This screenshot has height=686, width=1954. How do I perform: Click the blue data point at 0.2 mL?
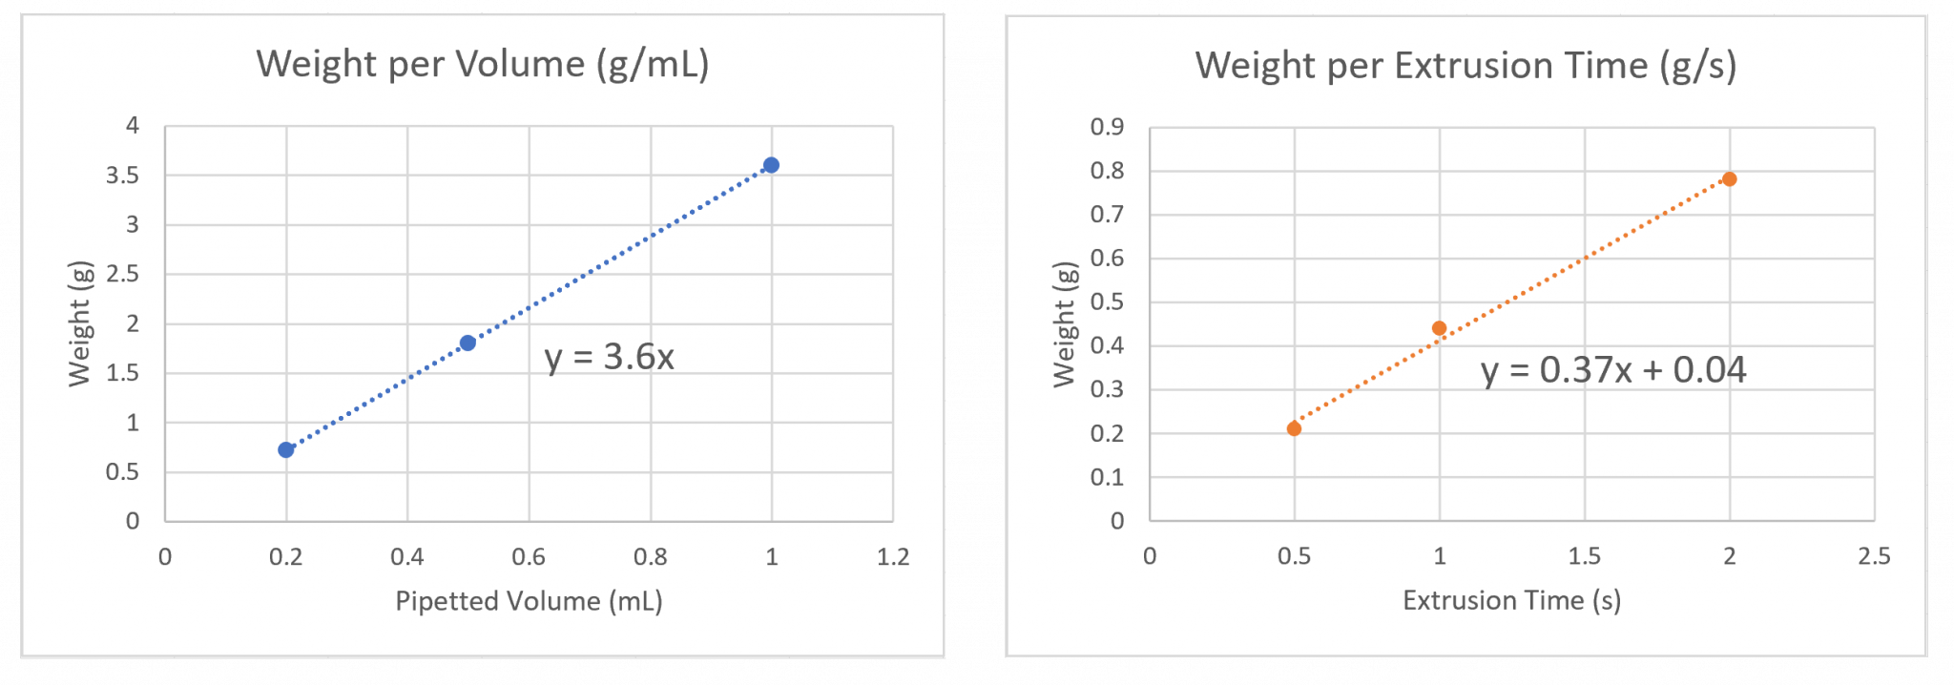click(x=286, y=449)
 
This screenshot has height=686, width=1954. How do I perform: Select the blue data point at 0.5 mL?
click(x=468, y=343)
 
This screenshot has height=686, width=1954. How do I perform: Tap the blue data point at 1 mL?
click(x=771, y=165)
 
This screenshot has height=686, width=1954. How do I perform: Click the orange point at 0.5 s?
click(x=1294, y=428)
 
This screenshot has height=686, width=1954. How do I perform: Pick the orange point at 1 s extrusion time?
click(x=1439, y=328)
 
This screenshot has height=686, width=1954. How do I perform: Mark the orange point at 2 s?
click(x=1729, y=179)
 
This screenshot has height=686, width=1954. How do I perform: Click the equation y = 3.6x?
click(x=609, y=357)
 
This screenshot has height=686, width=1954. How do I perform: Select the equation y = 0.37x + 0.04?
click(x=1613, y=370)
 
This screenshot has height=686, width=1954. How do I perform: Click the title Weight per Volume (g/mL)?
click(x=483, y=64)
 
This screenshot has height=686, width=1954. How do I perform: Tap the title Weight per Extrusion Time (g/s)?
click(x=1465, y=66)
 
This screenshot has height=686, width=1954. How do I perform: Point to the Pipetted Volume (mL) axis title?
click(x=529, y=601)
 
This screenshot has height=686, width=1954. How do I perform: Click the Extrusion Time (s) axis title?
click(x=1511, y=600)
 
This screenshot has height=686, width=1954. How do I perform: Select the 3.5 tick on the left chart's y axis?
click(x=123, y=176)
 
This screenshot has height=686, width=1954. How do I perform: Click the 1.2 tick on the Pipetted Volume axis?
click(x=893, y=557)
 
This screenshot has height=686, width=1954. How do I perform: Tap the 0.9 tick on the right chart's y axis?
click(x=1107, y=127)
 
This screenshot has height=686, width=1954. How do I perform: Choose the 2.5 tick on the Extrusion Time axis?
click(x=1874, y=556)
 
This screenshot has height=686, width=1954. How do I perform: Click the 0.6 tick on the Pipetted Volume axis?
click(x=529, y=557)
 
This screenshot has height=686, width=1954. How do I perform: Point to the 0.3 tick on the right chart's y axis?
click(x=1107, y=389)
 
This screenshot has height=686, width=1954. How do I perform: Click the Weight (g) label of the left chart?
click(x=79, y=323)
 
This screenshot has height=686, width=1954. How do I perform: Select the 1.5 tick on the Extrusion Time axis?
click(x=1584, y=556)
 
